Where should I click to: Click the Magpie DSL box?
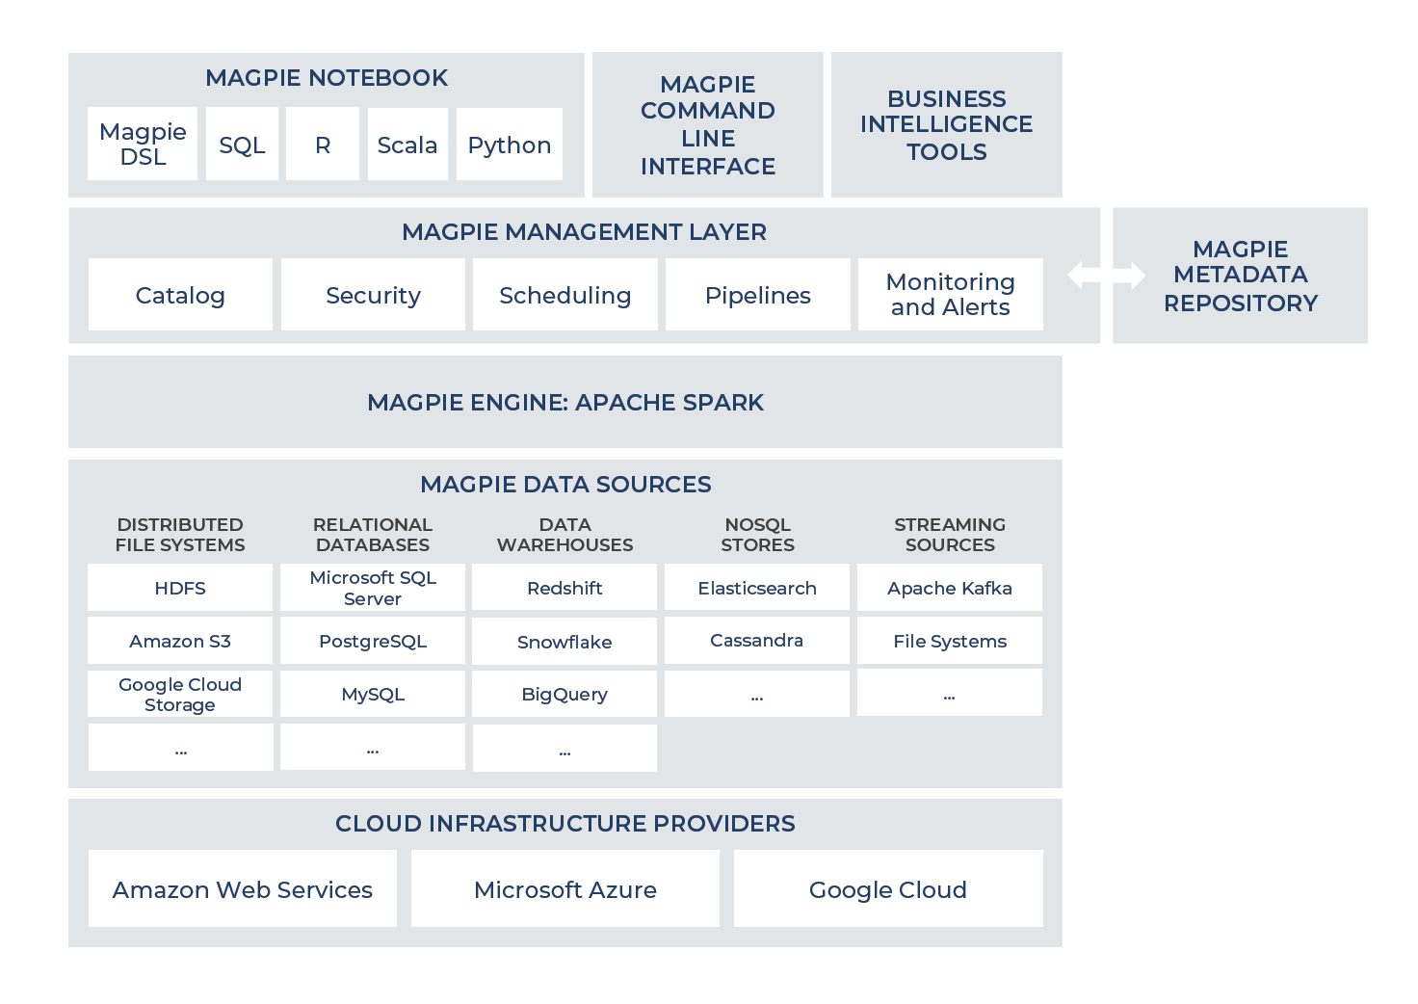(143, 144)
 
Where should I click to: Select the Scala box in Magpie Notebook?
(407, 145)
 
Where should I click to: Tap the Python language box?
(510, 145)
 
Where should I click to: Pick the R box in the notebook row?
(323, 144)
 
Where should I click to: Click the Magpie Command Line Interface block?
(708, 124)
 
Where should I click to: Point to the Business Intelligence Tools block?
(946, 124)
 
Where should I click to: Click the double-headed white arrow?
(1107, 276)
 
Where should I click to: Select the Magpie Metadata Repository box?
(1240, 276)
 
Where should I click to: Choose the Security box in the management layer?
(374, 295)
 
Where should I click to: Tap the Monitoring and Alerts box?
(951, 295)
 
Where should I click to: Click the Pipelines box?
(758, 295)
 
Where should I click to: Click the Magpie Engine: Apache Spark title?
(565, 403)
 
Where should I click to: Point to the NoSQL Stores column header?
(758, 535)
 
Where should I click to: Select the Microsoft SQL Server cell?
(373, 588)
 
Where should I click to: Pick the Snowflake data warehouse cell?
(565, 642)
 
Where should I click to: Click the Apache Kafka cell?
(950, 588)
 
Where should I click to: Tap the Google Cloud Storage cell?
(180, 694)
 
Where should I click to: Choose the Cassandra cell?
(757, 641)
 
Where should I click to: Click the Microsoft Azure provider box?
(565, 888)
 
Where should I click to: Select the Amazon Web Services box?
(243, 888)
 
